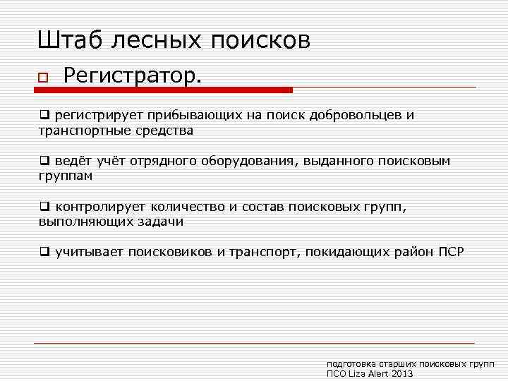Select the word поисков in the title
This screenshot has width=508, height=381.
click(x=259, y=40)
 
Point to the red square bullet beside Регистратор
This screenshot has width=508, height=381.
click(x=43, y=77)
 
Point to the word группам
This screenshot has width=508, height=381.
click(x=66, y=176)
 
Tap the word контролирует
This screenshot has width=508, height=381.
click(x=98, y=207)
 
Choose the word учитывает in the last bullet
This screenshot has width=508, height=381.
click(x=89, y=252)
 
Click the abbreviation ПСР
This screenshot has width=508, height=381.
click(x=452, y=252)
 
